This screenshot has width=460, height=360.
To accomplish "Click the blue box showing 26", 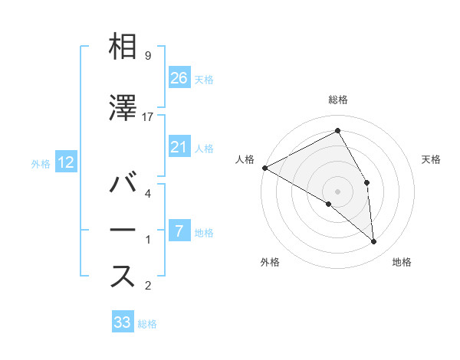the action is [179, 77].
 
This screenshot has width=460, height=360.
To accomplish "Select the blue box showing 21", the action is [179, 147].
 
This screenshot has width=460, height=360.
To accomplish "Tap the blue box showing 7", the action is [179, 231].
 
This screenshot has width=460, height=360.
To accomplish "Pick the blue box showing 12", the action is [65, 162].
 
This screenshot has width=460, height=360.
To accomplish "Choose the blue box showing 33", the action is [123, 322].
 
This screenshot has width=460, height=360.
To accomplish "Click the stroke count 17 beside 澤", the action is [149, 116].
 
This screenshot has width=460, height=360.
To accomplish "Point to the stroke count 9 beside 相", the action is [147, 55].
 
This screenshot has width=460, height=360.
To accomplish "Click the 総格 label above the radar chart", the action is [338, 100].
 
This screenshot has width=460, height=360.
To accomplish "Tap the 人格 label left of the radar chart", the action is [245, 159].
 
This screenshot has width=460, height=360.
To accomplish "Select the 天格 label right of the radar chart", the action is [432, 159].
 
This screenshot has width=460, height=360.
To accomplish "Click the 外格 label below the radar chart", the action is [270, 263].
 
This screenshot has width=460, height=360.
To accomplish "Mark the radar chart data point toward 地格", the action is [374, 241].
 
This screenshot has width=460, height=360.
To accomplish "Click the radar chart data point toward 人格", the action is [264, 167].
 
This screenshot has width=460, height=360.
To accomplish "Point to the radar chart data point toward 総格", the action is [338, 131].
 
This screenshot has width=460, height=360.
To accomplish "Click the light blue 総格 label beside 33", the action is [147, 324].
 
